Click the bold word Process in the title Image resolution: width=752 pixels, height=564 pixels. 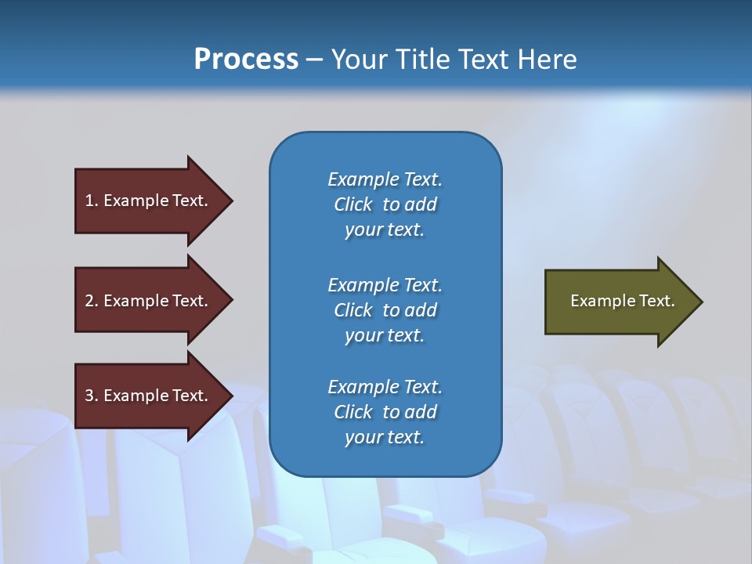(x=246, y=59)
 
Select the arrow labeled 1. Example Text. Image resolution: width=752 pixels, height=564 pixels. (x=149, y=201)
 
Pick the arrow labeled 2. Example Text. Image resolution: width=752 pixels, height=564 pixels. (x=149, y=301)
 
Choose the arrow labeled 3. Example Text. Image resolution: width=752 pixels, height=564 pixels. (x=149, y=396)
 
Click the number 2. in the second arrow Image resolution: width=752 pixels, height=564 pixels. (x=92, y=301)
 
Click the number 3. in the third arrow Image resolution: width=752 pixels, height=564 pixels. (x=92, y=396)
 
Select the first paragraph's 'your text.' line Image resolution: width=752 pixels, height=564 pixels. (x=385, y=230)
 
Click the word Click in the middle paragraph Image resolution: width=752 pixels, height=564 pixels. (x=353, y=310)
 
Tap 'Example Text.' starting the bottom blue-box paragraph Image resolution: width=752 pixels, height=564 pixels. (x=385, y=387)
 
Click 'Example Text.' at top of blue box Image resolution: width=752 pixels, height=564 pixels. (x=385, y=179)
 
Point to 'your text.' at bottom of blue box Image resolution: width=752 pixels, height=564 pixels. (x=385, y=438)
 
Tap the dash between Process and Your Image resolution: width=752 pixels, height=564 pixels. (x=313, y=60)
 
